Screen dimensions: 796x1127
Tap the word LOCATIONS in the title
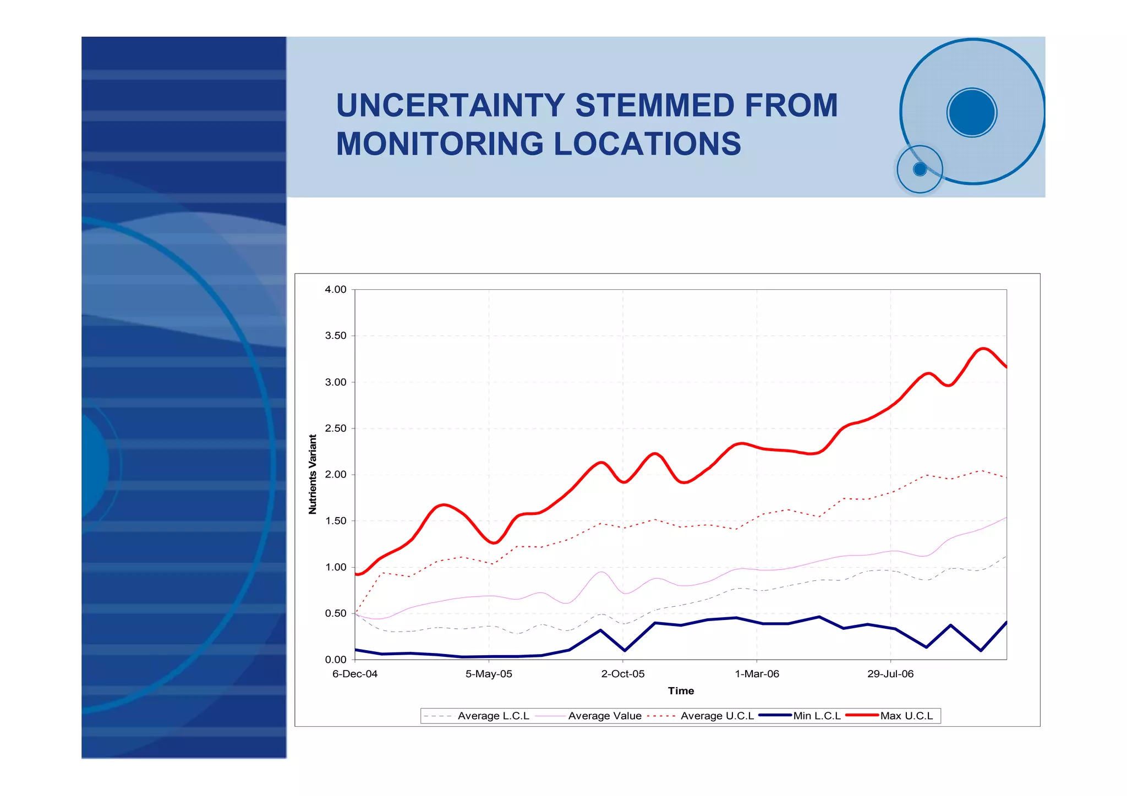(647, 144)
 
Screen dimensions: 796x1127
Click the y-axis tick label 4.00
(336, 289)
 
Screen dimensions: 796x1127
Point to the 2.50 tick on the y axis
(336, 429)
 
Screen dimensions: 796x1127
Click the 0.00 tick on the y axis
(336, 660)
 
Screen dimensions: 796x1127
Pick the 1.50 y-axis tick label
(336, 521)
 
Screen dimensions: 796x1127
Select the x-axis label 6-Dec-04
(355, 674)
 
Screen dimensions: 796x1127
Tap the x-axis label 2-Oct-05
(623, 674)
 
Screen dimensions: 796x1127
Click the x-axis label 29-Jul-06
(890, 674)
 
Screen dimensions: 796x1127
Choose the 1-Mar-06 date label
(757, 674)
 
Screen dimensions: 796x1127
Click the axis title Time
(681, 691)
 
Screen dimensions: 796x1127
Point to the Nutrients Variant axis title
(313, 474)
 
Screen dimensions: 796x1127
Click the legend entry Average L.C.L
(493, 716)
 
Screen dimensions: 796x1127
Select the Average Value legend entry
(604, 716)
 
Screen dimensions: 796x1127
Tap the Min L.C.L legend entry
(817, 716)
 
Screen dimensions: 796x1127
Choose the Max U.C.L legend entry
(906, 716)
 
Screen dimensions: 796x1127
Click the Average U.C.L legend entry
(717, 716)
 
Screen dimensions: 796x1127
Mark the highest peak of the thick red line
(984, 348)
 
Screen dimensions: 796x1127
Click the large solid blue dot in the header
(972, 112)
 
